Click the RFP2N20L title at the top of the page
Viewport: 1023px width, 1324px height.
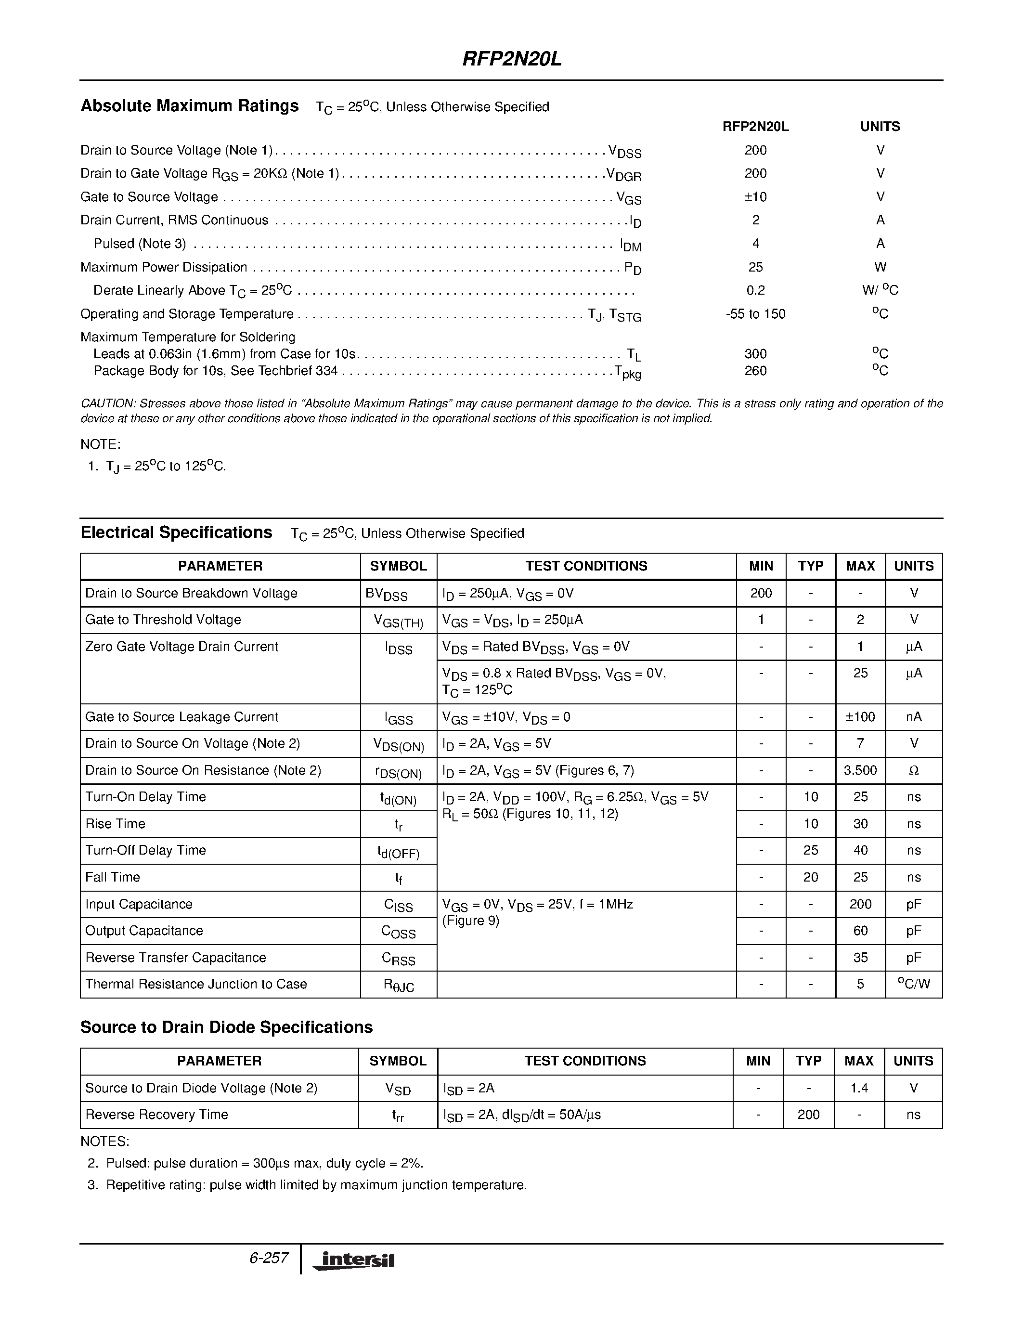512,59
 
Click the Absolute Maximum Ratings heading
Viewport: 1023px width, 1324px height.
189,106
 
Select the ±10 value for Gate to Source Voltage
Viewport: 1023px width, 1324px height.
755,197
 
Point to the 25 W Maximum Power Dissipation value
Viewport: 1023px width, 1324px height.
755,267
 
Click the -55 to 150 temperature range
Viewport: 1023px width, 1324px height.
755,314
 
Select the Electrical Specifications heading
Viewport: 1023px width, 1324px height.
176,533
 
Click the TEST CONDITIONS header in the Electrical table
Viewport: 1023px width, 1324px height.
586,566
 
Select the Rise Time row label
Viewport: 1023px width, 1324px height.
115,824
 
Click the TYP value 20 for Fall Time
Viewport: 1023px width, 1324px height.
810,877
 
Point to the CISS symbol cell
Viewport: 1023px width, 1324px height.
398,905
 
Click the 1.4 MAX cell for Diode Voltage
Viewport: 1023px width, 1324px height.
859,1088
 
